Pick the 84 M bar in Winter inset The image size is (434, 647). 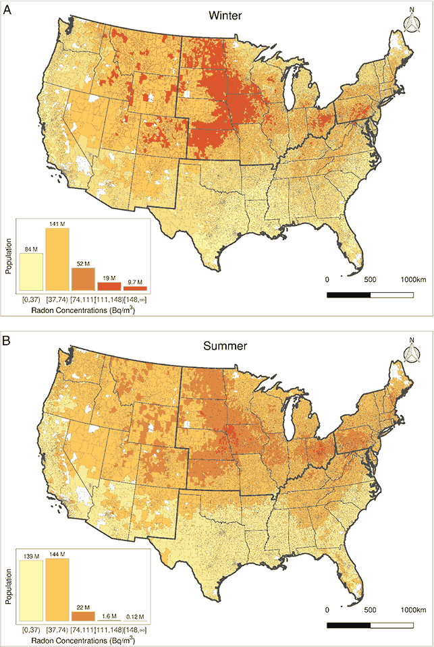(31, 272)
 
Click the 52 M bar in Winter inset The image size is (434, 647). (83, 279)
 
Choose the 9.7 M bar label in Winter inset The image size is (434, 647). (135, 282)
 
